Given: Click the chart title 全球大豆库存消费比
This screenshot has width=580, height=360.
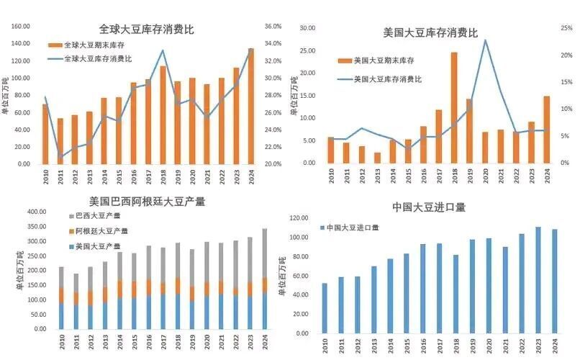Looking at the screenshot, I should click(146, 30).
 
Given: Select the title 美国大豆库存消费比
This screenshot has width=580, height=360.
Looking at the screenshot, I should click(430, 32).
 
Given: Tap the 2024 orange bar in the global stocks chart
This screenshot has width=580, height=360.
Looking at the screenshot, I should click(251, 108).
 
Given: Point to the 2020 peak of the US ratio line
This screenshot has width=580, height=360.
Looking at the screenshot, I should click(485, 40).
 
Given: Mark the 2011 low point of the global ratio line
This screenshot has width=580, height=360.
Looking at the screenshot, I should click(60, 156).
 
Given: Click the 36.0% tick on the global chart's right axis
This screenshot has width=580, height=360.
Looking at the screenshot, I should click(273, 27).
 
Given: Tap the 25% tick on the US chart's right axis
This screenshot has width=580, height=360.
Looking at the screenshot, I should click(566, 29).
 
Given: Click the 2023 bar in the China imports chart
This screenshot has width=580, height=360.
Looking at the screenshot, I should click(538, 280).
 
